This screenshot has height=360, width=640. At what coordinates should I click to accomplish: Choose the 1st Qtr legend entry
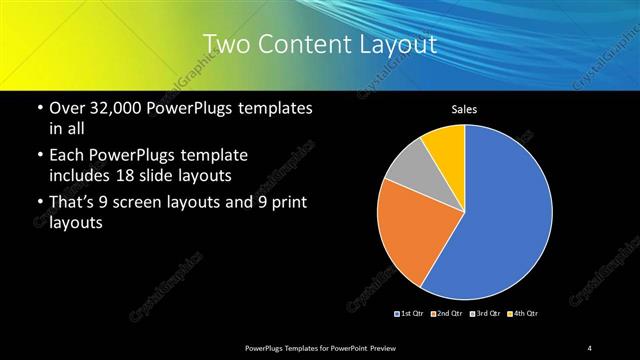click(x=410, y=314)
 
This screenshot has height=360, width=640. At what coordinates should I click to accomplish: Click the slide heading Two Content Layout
click(x=320, y=44)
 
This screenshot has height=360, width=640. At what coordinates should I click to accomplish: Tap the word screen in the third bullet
click(x=145, y=204)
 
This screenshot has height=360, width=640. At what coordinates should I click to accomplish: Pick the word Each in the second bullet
click(x=66, y=156)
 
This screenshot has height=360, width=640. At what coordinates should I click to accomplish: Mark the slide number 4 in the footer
click(x=590, y=347)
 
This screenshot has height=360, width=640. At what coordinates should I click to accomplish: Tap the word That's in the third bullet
click(x=73, y=204)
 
